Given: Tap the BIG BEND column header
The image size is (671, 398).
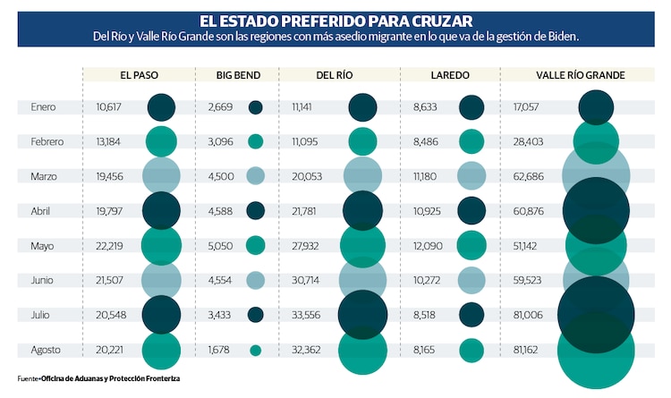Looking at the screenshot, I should click(236, 76).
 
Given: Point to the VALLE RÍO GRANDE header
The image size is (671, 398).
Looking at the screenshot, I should click(580, 76).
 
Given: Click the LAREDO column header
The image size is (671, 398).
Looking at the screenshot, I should click(450, 76).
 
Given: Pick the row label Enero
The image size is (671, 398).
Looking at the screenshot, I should click(43, 107).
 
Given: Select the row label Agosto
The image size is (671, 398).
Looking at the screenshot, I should click(45, 350).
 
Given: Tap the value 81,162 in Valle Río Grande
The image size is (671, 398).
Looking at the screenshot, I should click(526, 350).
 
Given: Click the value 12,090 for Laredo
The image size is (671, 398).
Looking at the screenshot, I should click(426, 246).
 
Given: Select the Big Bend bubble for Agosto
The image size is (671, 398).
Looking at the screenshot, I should click(256, 351).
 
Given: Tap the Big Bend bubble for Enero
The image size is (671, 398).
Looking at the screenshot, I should click(256, 107).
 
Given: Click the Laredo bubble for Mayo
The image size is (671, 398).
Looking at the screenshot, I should click(471, 245).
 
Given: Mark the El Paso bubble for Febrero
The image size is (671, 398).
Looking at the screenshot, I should click(162, 141).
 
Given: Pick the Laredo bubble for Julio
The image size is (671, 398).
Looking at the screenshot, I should click(471, 315).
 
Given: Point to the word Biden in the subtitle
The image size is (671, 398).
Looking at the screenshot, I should click(562, 37).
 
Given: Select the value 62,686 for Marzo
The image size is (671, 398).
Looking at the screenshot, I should click(526, 176).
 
